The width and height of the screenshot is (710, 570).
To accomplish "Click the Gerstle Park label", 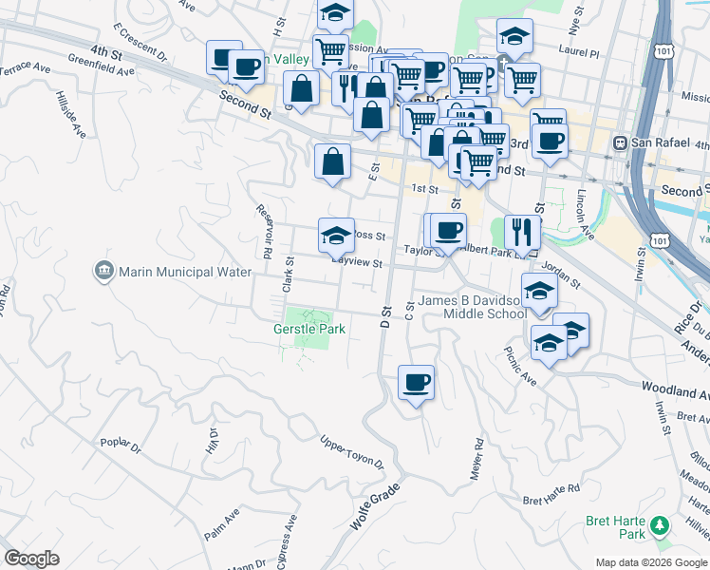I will pos(308,329).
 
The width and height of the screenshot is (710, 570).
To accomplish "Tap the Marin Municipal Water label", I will pos(185,272).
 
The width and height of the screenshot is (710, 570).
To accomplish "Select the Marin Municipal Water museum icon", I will pos(103,272).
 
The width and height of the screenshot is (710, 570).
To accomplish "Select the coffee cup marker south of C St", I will pos(416,382).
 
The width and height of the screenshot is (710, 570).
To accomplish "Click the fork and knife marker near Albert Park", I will pos(522,231).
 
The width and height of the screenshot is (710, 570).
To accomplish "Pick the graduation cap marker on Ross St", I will pos(335,236).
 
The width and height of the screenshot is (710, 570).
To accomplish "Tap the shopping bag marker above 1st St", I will pos(332,161).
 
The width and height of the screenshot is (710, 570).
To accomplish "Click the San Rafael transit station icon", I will pos(620,143).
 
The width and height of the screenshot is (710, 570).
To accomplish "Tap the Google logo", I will pos(31,559).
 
